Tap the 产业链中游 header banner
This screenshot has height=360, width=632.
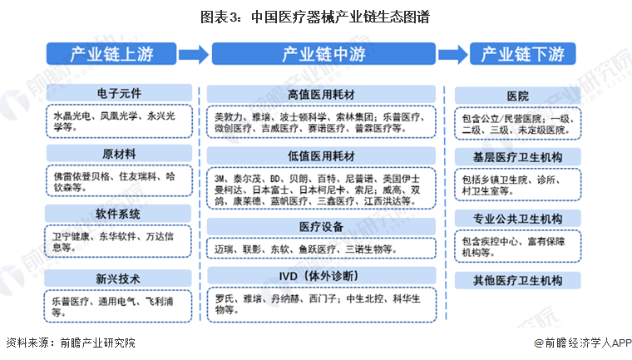(323, 55)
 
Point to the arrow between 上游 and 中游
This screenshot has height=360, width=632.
(192, 55)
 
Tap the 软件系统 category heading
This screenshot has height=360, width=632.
(119, 214)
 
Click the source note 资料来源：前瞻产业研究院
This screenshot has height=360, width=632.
(70, 343)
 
